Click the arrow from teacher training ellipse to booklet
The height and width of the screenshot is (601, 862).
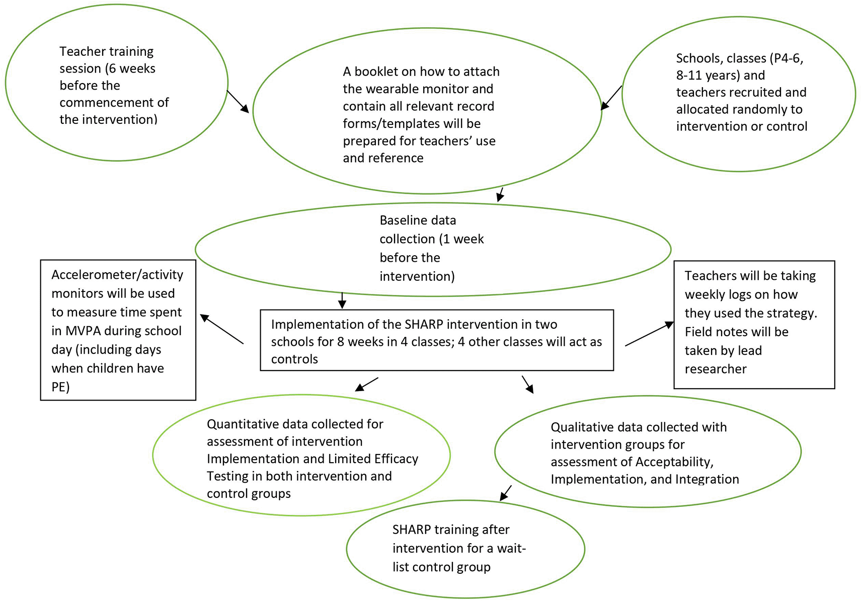[x=238, y=102]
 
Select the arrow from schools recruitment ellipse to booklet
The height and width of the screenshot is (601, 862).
[x=611, y=98]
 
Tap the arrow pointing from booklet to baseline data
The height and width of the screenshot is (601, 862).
[x=500, y=194]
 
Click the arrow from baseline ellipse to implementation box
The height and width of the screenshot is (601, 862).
[x=342, y=300]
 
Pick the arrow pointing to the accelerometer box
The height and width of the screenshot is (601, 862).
[x=222, y=329]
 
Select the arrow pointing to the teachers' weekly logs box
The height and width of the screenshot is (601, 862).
[x=649, y=334]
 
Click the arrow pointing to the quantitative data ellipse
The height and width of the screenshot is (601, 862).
[x=366, y=384]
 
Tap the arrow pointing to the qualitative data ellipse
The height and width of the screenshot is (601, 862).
[x=527, y=384]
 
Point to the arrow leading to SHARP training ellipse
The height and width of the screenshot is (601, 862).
[x=506, y=493]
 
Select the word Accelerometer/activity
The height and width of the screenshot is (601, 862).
[x=117, y=275]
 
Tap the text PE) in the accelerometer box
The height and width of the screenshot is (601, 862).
[x=60, y=387]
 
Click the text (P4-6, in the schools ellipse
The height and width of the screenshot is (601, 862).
[x=786, y=59]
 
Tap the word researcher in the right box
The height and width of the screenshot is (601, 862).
[x=715, y=369]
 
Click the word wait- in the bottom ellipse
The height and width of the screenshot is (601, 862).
[x=511, y=548]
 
